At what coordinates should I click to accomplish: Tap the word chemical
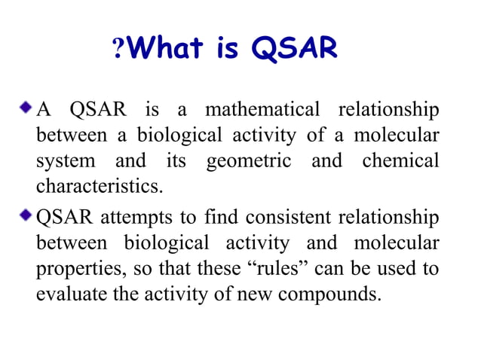click(x=400, y=161)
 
